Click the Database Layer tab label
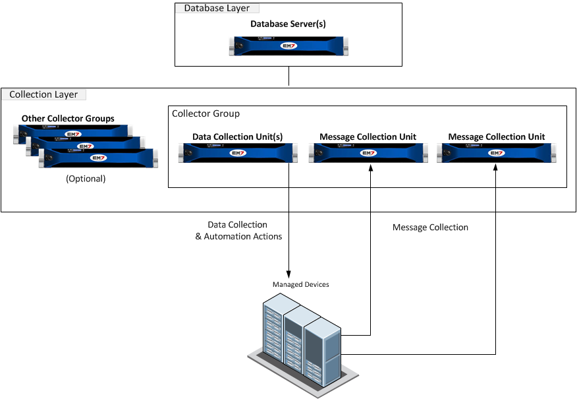click(217, 9)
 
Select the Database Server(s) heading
click(288, 24)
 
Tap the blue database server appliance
click(288, 46)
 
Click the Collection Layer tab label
click(43, 94)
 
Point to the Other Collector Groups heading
click(68, 119)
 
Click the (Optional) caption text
click(86, 179)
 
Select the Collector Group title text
click(206, 113)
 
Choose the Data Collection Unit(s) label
click(237, 137)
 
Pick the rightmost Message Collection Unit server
click(496, 153)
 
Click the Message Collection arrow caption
click(430, 228)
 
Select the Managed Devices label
click(301, 284)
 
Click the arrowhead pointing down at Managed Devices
click(288, 274)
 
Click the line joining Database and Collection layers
click(288, 77)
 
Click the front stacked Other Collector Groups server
click(99, 158)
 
